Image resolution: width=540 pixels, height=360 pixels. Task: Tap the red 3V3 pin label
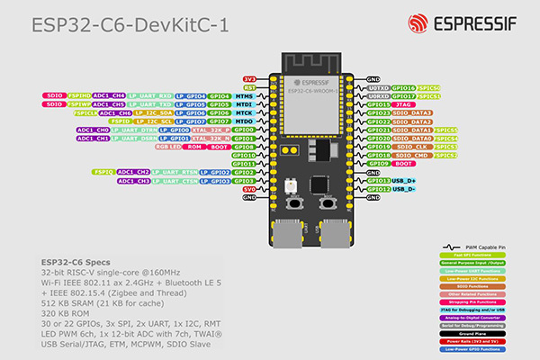250,79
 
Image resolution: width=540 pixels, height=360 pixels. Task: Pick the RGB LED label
169,147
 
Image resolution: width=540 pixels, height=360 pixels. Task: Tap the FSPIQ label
103,171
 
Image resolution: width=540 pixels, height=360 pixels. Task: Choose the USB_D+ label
403,181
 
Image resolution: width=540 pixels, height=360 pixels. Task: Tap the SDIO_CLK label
416,147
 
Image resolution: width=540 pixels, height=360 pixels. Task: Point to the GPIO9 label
378,164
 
